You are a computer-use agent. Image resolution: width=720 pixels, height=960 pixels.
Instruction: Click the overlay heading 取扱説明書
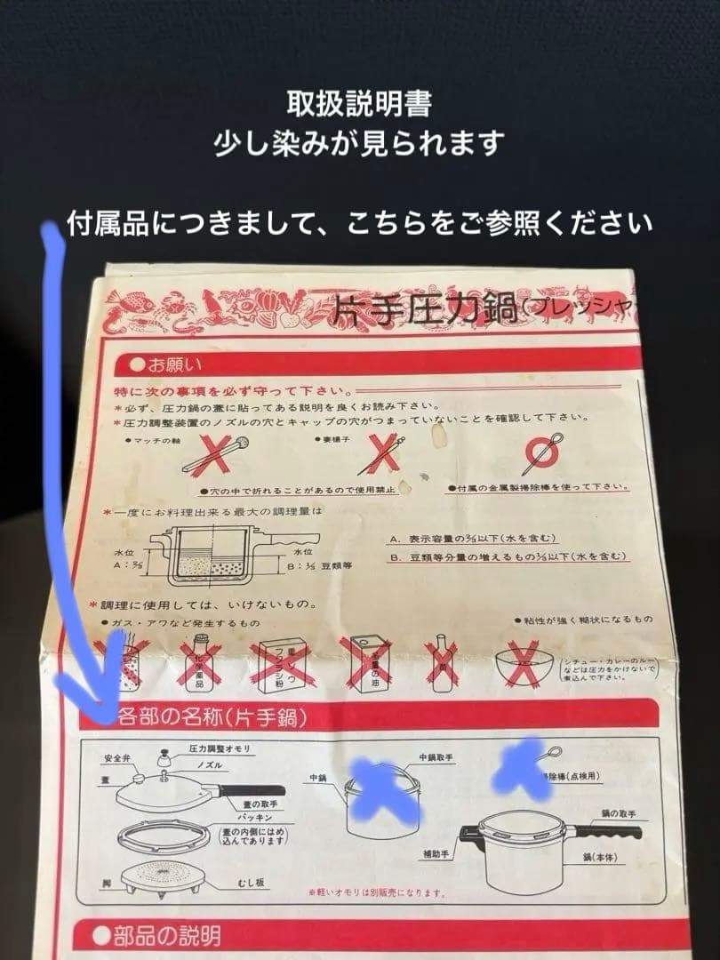pos(359,104)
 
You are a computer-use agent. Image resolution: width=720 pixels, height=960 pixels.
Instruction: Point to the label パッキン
pos(246,814)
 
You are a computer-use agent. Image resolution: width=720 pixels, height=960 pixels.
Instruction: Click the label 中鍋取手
pos(436,759)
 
